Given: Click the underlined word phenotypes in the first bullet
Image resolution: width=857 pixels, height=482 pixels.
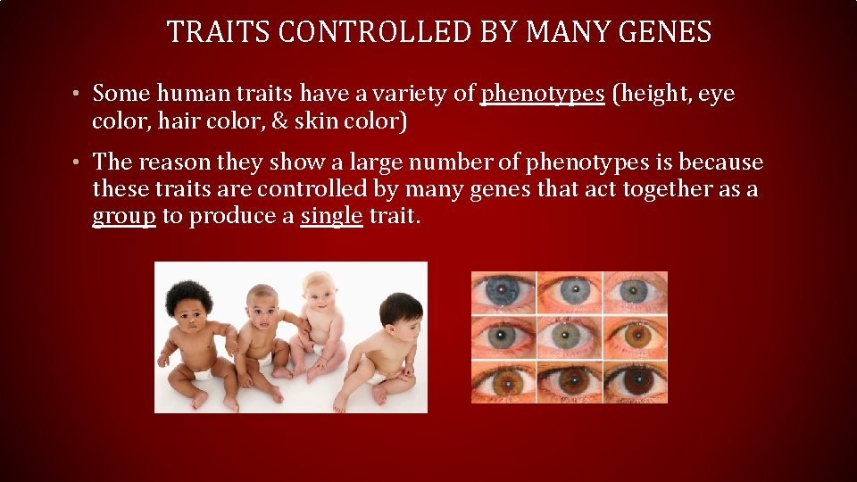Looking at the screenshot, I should tap(542, 94).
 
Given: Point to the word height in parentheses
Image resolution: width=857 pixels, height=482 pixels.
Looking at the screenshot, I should tap(649, 94).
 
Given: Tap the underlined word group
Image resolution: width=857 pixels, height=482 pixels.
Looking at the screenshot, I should tap(124, 216).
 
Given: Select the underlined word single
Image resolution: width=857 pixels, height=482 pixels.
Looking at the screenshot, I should tap(332, 216).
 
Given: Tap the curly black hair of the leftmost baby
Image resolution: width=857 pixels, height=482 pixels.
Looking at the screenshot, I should tap(188, 294).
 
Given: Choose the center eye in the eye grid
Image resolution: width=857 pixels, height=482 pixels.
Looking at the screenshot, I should tap(569, 337).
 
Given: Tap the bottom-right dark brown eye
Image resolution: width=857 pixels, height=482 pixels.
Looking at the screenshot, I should tap(635, 382).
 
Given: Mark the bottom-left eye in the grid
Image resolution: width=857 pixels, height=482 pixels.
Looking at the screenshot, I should tap(503, 382).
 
